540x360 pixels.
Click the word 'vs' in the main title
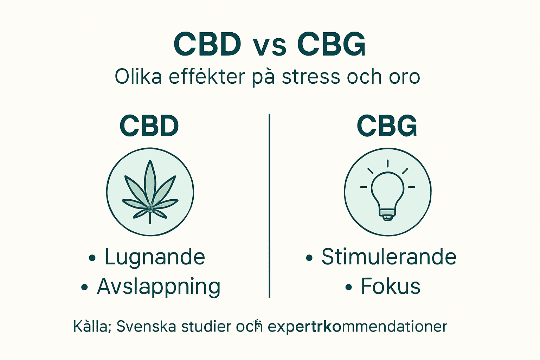point(270,46)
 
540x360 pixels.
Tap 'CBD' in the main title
point(207,44)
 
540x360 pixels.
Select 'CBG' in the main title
point(332,44)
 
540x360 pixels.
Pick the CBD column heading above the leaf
point(149,126)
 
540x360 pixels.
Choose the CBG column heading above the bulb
point(387,126)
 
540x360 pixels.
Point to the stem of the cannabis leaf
point(150,218)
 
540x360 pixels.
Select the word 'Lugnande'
point(155,257)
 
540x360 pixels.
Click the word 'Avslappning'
point(159,287)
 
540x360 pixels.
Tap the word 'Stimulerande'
point(389,257)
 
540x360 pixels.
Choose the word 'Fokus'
point(391,287)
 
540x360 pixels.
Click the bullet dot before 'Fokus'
point(348,288)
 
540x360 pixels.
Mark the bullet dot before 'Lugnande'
point(92,258)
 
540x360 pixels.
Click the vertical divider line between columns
point(269,206)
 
